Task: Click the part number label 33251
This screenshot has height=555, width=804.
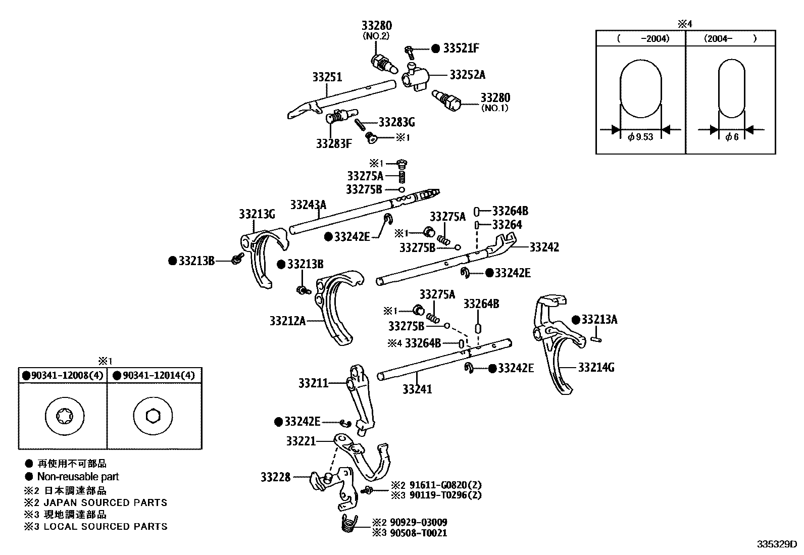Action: coord(327,77)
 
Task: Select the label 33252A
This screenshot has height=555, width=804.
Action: coord(467,75)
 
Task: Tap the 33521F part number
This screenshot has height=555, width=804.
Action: coord(461,48)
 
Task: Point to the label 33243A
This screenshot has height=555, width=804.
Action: coord(308,205)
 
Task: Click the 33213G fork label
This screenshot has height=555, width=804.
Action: coord(257,214)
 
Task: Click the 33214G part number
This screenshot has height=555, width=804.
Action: coord(596,367)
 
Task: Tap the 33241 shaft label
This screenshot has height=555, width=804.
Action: coord(417,389)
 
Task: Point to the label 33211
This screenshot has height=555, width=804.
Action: coord(313,383)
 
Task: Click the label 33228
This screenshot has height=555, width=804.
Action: coord(275,476)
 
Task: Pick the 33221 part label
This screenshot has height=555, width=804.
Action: coord(300,441)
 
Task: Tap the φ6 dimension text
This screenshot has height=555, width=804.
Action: coord(731,137)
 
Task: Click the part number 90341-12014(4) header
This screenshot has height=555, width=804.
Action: coord(158,375)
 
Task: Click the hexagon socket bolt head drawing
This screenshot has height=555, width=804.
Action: coord(152,416)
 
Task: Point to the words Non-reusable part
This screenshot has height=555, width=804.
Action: coord(78,476)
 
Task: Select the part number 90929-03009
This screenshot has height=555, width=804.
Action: coord(418,522)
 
